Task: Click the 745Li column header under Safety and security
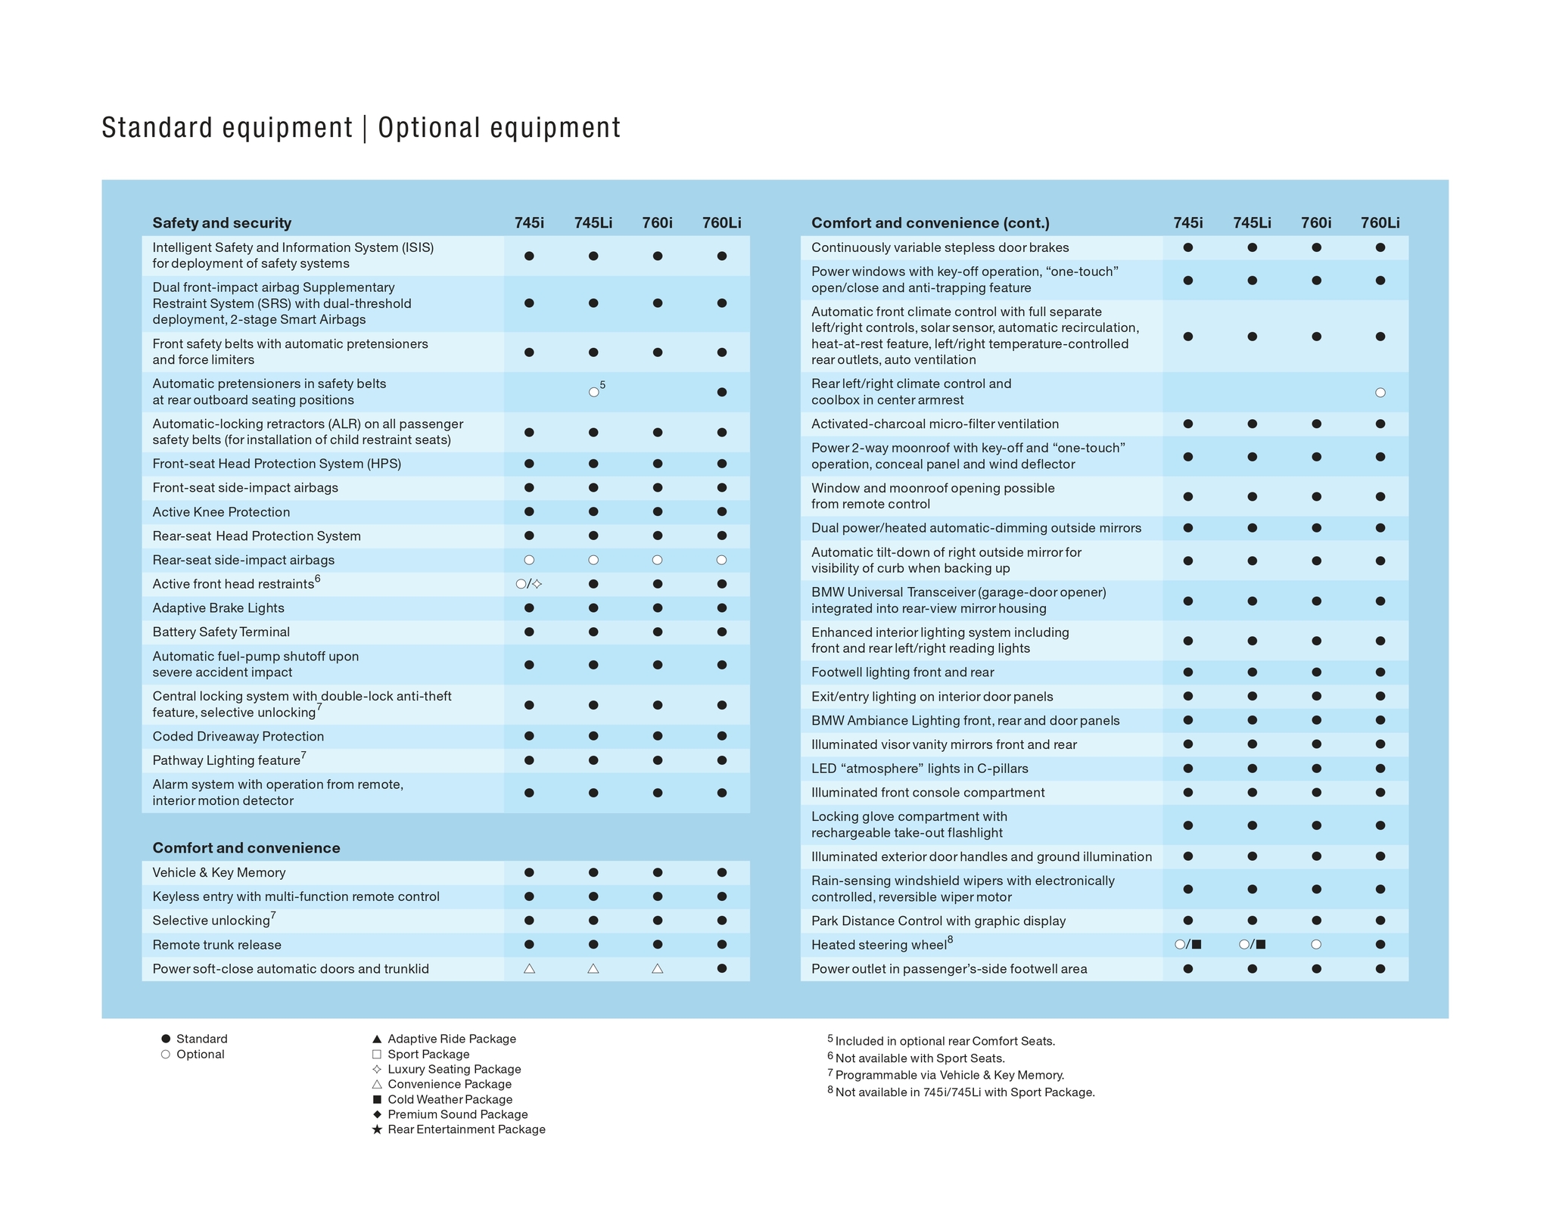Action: [x=593, y=223]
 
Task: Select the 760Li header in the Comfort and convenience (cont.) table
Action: [x=1380, y=223]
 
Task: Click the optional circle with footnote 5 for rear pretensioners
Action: [x=594, y=392]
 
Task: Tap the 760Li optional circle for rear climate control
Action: [x=1380, y=393]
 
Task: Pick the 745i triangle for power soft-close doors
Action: [x=529, y=968]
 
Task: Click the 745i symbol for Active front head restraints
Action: [x=529, y=584]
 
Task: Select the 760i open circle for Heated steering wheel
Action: [x=1316, y=944]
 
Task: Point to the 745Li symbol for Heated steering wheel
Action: [x=1253, y=944]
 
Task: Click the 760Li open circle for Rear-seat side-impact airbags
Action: [x=721, y=560]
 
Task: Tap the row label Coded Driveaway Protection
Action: [x=238, y=736]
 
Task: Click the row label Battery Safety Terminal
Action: [x=221, y=632]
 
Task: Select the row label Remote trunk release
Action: [x=216, y=945]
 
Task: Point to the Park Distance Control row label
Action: [x=938, y=921]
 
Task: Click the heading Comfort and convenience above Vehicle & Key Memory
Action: [x=246, y=848]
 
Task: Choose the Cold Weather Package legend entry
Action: [x=450, y=1099]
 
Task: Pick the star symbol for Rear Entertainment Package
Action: [x=377, y=1129]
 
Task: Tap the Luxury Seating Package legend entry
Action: [x=454, y=1069]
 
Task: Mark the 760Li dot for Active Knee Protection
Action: [x=721, y=512]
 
